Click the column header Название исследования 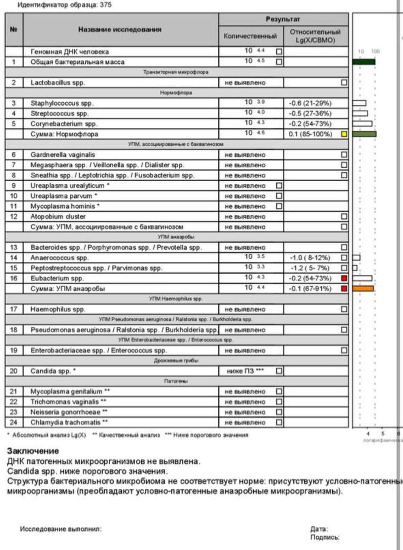point(120,30)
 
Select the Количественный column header point(250,36)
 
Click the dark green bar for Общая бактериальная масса point(364,62)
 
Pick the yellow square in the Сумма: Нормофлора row point(344,134)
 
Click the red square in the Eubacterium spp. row point(344,278)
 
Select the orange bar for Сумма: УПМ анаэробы point(363,288)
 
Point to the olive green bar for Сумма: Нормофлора point(365,134)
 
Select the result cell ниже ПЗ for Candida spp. point(245,371)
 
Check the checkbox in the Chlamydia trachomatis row point(279,422)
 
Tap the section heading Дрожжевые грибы point(176,360)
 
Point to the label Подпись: point(324,537)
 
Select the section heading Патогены point(176,381)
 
